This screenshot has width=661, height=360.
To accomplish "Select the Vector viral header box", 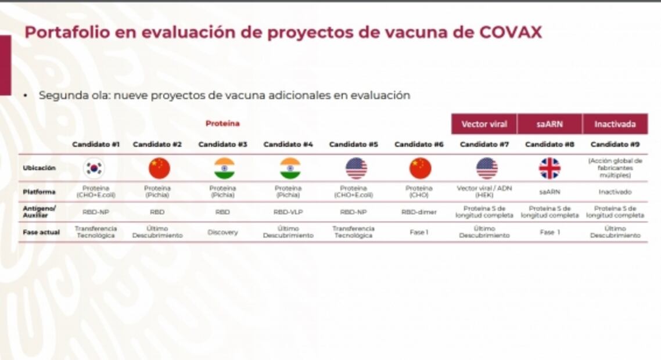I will [484, 124].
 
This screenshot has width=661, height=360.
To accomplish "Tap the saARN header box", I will [549, 124].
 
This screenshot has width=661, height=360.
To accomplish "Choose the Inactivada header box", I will [615, 124].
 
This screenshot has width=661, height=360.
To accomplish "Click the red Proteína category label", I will [222, 123].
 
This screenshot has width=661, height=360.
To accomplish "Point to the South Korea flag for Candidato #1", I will [94, 168].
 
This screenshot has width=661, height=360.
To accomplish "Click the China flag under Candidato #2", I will [159, 168].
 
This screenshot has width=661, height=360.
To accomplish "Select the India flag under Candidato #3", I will [224, 168].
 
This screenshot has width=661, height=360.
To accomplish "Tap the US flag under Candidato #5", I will [355, 168].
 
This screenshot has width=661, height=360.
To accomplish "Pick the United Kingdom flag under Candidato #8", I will [549, 168].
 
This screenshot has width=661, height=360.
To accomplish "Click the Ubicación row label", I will [39, 168].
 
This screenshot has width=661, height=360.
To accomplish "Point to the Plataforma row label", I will [39, 192].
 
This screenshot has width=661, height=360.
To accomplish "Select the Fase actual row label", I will [41, 232].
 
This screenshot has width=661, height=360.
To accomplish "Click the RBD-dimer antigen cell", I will [419, 213].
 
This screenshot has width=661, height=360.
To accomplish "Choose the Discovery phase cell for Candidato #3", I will [222, 232].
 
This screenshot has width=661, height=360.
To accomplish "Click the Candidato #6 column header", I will [418, 145].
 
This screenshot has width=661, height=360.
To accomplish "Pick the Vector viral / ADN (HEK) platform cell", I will [484, 192].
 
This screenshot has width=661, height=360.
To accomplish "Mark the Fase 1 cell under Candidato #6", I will [419, 232].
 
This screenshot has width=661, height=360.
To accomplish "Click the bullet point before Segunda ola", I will [26, 95].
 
